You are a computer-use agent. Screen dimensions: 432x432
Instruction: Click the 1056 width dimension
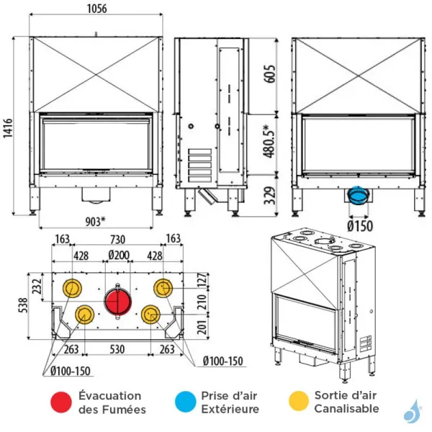coord(97,9)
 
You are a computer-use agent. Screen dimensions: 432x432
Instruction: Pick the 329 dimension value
coord(268,195)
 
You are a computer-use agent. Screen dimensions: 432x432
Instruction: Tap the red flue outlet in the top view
coord(117,301)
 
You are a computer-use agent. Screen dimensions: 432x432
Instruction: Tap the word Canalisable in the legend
coord(346,409)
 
